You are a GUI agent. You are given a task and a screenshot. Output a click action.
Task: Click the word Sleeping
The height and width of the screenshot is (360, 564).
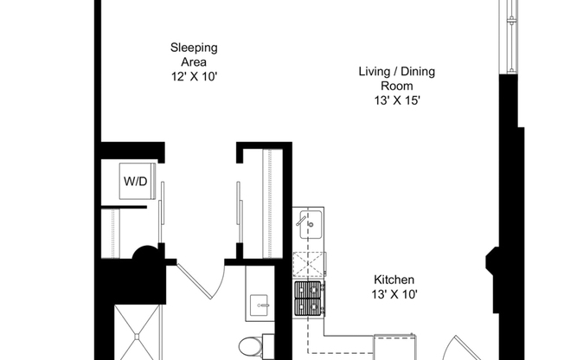tap(194, 48)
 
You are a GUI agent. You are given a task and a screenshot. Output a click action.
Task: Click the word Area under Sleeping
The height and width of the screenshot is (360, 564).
tap(194, 62)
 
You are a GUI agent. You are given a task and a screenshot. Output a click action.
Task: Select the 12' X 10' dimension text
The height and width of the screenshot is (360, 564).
tap(194, 77)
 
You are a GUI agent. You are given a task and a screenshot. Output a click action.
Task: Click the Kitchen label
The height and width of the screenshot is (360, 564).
tap(394, 280)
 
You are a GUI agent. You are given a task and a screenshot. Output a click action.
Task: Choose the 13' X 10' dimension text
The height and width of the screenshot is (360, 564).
tap(394, 295)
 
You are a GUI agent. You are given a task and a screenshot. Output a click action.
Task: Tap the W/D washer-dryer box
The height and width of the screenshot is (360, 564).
tap(135, 182)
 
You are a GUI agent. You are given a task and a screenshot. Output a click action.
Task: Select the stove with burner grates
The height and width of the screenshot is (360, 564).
tap(309, 299)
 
